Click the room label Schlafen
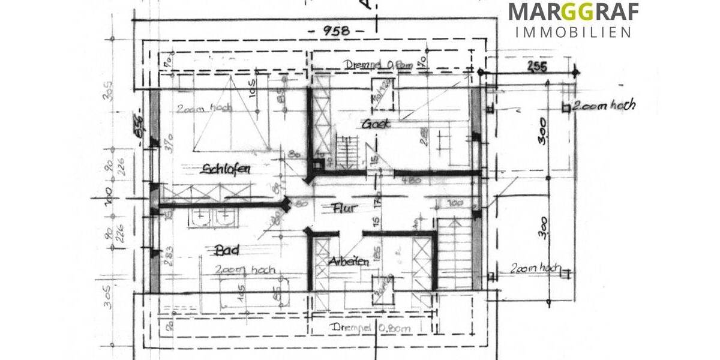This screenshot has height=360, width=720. pos(227,169)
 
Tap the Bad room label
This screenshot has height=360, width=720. pos(227,250)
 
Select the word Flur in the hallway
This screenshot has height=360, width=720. pos(344,208)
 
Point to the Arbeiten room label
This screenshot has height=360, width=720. pos(349,262)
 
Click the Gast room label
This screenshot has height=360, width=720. pos(376,124)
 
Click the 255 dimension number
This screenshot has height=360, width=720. pos(537,67)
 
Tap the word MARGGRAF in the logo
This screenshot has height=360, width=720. pos(573,12)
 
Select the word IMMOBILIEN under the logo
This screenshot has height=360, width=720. pos(573,32)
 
